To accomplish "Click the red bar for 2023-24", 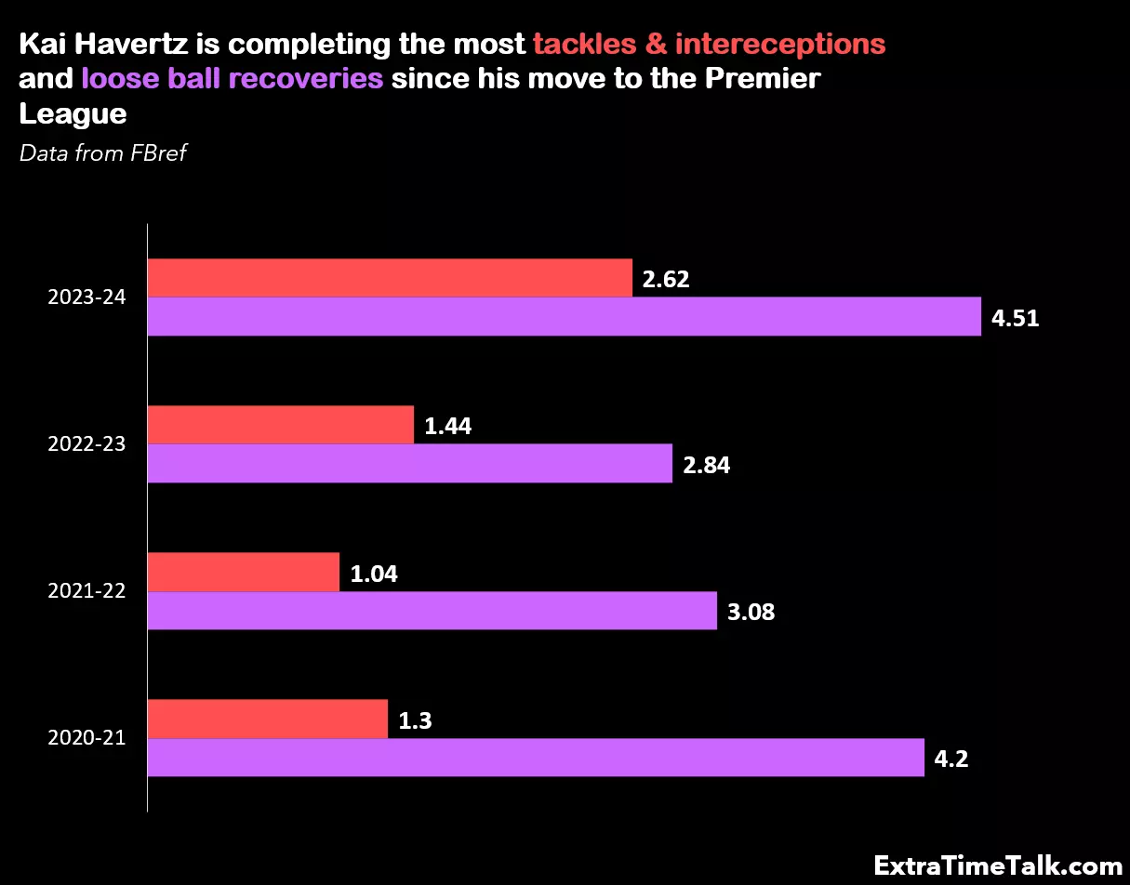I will click(390, 278).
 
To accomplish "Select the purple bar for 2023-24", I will click(565, 317).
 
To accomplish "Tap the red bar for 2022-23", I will click(281, 425).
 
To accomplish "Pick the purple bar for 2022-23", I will click(410, 464).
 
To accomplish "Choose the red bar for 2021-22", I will click(244, 572).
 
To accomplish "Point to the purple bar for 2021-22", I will click(432, 611).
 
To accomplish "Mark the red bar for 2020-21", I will click(268, 719).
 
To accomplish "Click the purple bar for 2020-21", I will click(536, 758).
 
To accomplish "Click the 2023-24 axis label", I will click(86, 297).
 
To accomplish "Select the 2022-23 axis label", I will click(86, 444).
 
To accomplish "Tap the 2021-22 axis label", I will click(86, 591).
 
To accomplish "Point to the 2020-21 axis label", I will click(86, 738).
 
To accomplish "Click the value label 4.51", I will click(1015, 318).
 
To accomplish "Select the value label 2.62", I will click(666, 279).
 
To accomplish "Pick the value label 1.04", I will click(374, 574).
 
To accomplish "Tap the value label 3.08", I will click(751, 613).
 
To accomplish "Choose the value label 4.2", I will click(951, 760).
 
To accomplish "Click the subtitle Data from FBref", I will click(103, 153).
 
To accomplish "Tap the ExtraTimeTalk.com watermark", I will click(999, 865).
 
